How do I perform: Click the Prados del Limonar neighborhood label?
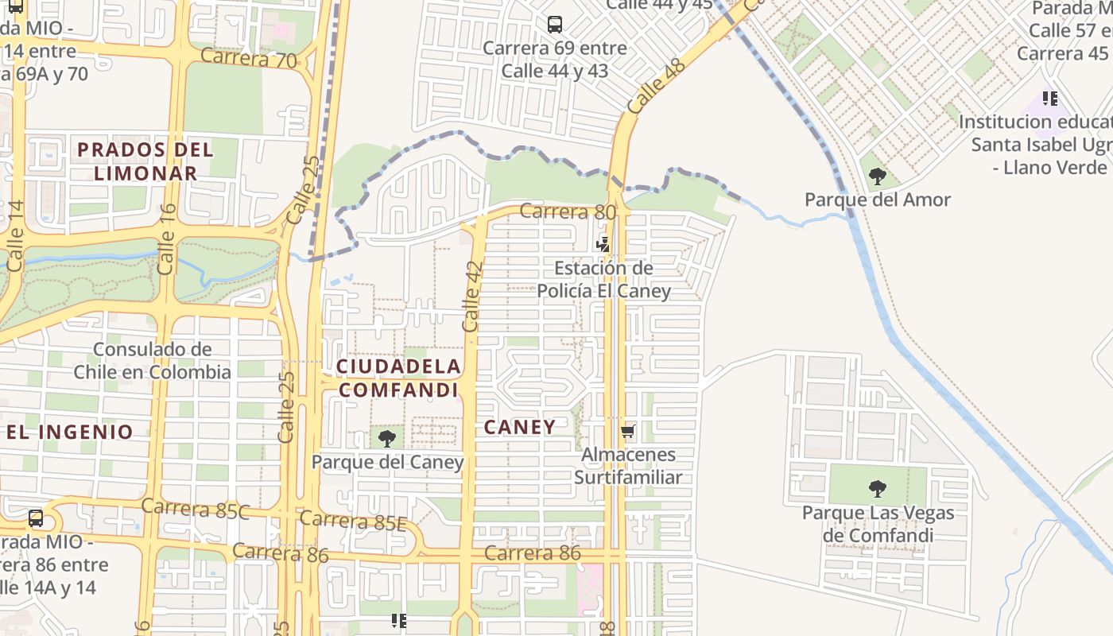click(145, 161)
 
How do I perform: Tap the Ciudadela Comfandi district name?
click(398, 378)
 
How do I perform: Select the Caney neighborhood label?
click(520, 427)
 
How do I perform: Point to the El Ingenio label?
click(70, 432)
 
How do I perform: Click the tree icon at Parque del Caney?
click(387, 438)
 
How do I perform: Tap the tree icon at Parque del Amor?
click(877, 176)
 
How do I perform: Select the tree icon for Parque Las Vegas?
click(877, 488)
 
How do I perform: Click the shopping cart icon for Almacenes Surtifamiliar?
click(628, 432)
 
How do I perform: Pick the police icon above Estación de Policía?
click(604, 244)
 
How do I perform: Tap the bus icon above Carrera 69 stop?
click(555, 25)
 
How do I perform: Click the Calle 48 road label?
click(656, 85)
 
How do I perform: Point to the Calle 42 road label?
click(472, 297)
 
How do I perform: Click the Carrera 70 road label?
click(248, 58)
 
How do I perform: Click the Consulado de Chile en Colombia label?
click(152, 360)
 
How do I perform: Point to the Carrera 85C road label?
click(196, 508)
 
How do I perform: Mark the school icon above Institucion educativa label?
click(1050, 99)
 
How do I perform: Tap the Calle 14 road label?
click(16, 235)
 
